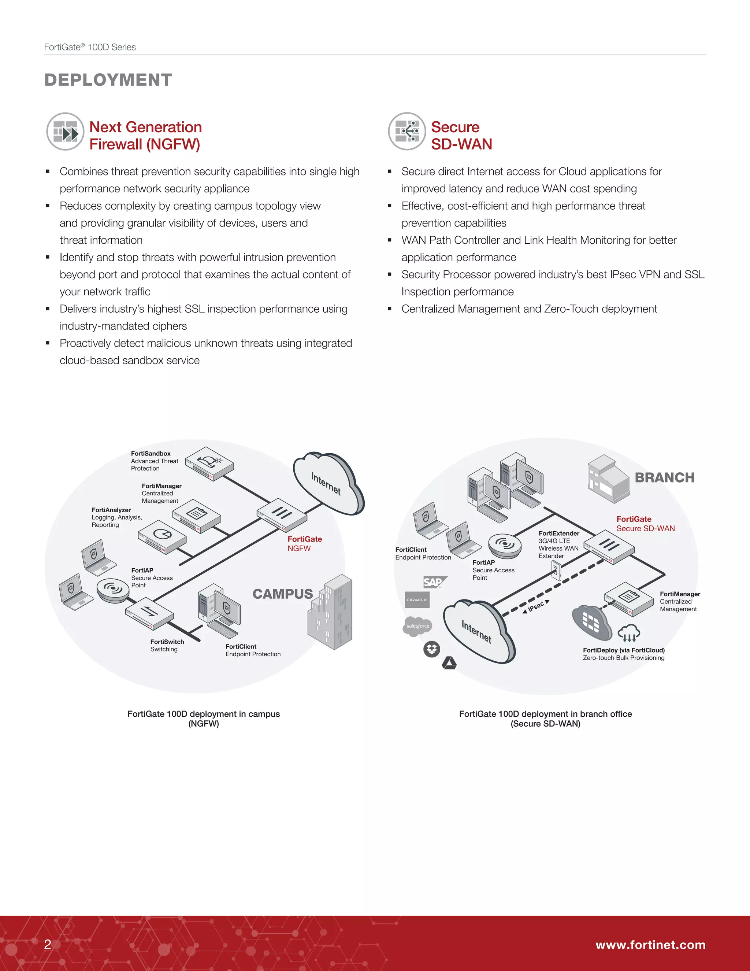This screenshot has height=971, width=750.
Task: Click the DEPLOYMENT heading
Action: tap(108, 80)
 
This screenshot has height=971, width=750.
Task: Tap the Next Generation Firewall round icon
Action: tap(65, 132)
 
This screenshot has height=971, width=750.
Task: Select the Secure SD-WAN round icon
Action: tap(407, 132)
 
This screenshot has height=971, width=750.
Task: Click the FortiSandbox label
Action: tap(151, 454)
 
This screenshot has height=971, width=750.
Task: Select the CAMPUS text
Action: tap(283, 594)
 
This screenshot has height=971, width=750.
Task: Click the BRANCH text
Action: tap(664, 477)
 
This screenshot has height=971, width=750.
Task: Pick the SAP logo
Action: tap(434, 582)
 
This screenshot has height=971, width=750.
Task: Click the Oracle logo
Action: tap(417, 600)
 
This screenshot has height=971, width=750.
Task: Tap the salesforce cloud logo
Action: tap(417, 625)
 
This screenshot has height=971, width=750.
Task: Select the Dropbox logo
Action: tap(431, 650)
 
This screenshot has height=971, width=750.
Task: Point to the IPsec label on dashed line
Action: tap(536, 606)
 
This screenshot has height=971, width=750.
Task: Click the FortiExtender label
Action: tap(558, 534)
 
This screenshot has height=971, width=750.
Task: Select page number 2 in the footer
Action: tap(48, 944)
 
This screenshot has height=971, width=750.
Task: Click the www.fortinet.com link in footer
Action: tap(650, 945)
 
